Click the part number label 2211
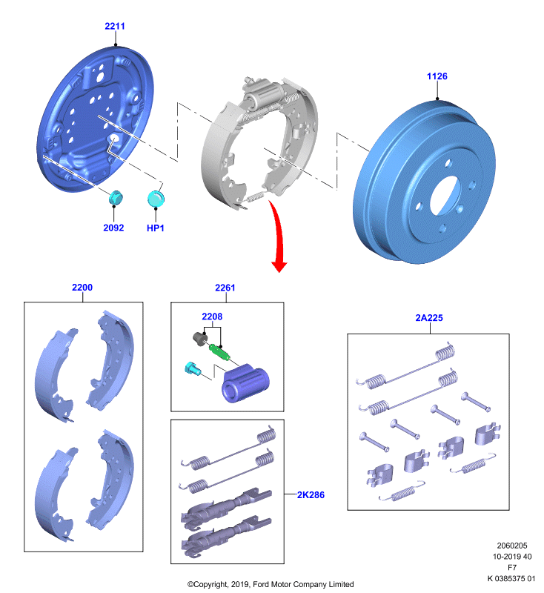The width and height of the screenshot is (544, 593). tap(115, 26)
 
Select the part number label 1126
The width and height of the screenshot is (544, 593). tap(437, 76)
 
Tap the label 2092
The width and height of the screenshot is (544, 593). tap(113, 228)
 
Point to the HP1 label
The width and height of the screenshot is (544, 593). tap(156, 228)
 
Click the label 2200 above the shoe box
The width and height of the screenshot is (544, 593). tap(82, 288)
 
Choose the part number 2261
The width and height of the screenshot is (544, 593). tap(225, 288)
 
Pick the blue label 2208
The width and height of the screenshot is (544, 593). tap(212, 317)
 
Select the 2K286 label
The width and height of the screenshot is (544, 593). tap(311, 495)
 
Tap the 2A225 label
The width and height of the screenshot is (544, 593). tap(429, 318)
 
